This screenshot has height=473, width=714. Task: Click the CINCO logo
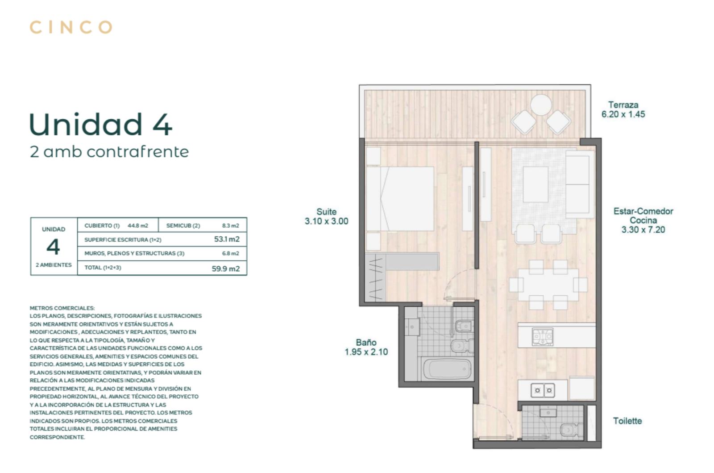(71, 27)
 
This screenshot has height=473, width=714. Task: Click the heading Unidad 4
(101, 124)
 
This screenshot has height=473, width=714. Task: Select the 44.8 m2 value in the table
(138, 226)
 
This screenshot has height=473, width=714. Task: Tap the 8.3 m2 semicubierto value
(230, 226)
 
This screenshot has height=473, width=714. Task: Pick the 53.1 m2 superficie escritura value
(227, 239)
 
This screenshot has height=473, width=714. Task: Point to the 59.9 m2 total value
(226, 269)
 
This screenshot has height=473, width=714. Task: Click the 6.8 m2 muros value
(230, 254)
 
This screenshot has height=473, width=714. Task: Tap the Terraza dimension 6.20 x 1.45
(623, 114)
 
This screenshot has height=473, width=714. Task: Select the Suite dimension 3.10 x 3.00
(326, 221)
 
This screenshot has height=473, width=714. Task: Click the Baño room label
(366, 343)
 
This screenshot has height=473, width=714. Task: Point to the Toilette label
(627, 421)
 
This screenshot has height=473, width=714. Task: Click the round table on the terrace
(541, 105)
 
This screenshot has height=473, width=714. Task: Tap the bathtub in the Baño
(447, 369)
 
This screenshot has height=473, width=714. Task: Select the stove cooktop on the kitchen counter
(542, 337)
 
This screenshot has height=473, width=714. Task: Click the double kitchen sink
(543, 390)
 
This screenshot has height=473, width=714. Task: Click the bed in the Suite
(400, 199)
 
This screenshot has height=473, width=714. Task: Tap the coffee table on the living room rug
(535, 184)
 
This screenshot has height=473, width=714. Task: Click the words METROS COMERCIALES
(62, 308)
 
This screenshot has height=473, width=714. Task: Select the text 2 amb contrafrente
(109, 152)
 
